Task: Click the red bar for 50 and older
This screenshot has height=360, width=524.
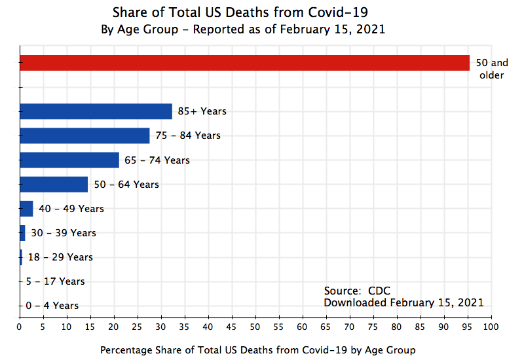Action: [244, 63]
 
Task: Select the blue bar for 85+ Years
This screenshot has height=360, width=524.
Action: [96, 111]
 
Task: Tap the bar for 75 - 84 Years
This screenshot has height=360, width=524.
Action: [84, 135]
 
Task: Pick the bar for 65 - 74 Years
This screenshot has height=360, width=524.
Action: [69, 160]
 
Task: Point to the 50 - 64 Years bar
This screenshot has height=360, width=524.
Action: [54, 185]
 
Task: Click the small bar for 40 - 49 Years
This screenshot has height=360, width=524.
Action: [26, 209]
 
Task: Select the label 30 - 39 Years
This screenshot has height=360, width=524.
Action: [63, 233]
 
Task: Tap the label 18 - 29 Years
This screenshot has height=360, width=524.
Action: [60, 257]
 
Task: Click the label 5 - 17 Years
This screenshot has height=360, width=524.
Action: [55, 281]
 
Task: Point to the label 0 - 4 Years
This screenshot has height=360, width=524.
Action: [52, 306]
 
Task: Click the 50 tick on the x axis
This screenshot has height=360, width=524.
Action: [255, 325]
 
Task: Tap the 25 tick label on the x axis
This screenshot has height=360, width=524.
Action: [138, 325]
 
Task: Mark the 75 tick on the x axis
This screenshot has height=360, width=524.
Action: [373, 325]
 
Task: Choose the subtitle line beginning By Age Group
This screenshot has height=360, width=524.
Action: [242, 29]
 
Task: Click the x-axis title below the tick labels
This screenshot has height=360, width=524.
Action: [257, 350]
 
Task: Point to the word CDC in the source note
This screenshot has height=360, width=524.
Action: [379, 291]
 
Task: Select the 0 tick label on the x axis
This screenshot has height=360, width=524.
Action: [20, 325]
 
